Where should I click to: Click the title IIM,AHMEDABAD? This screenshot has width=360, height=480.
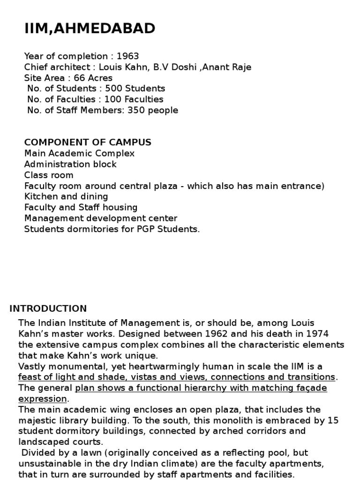tap(90, 29)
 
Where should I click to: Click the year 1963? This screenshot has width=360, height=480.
tap(127, 56)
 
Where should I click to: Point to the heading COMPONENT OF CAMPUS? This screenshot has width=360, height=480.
tap(88, 142)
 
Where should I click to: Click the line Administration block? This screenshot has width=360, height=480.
tap(70, 164)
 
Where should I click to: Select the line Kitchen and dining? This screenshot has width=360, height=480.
tap(66, 196)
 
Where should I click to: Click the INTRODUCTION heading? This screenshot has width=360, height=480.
tap(48, 308)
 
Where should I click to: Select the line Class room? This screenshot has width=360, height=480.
tap(49, 175)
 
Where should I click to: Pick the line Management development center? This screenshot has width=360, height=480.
tap(101, 218)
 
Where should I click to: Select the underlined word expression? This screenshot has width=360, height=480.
tap(43, 399)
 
